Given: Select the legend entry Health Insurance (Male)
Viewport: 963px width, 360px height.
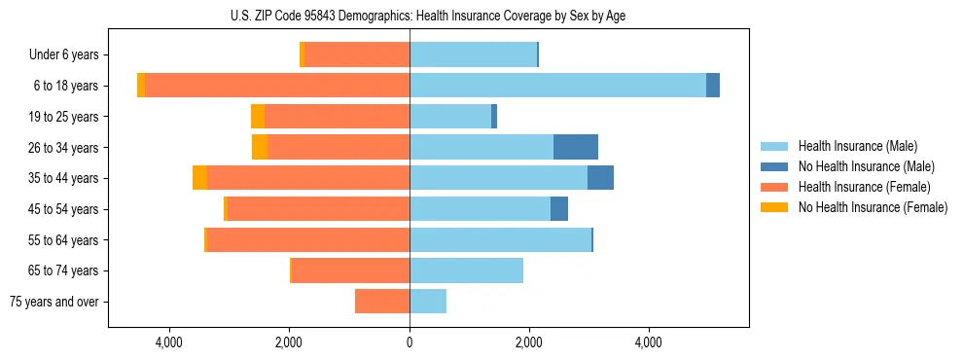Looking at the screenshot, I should click(857, 147).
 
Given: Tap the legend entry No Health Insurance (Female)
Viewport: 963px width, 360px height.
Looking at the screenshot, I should click(873, 207).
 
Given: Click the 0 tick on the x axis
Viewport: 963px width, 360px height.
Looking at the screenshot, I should click(410, 343).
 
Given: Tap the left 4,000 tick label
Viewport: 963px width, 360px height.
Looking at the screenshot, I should click(169, 343).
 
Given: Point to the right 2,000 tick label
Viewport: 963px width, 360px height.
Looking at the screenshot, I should click(529, 343).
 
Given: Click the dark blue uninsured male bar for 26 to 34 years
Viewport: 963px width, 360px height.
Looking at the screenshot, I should click(576, 147).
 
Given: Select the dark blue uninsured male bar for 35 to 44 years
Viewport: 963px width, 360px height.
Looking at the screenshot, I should click(600, 178).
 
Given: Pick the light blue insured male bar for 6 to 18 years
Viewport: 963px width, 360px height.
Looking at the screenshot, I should click(557, 86).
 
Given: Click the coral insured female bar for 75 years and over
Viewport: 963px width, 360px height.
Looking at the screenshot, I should click(382, 302).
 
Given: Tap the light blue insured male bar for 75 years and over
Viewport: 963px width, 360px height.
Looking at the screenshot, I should click(428, 302).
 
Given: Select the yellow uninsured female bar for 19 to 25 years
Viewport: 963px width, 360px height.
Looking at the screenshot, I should click(258, 117).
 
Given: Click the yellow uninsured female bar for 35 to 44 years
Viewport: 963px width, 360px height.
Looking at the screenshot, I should click(199, 178).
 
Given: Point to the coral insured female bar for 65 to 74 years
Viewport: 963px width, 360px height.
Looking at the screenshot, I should click(350, 270).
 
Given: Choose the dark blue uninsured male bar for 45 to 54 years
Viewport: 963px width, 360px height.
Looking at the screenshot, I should click(559, 209).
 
